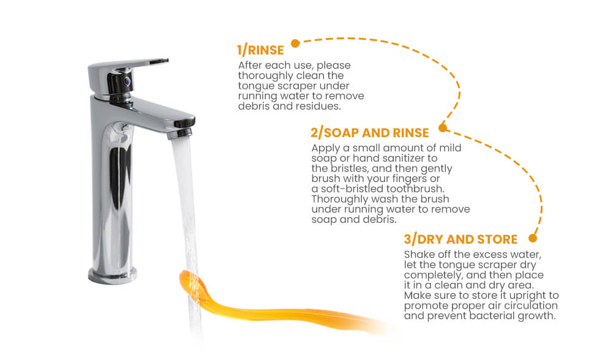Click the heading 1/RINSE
260,50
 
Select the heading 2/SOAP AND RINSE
370,133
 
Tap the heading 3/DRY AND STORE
461,239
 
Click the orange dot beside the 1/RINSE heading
296,43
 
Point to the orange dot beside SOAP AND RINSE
443,128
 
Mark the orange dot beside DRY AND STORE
533,238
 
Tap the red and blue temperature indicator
127,81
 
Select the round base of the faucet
113,276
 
